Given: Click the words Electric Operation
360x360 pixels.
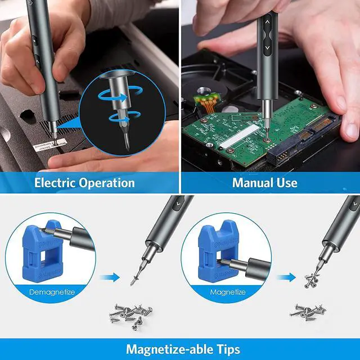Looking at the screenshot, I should pos(84,183).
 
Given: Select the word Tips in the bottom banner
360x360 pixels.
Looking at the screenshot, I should pos(223,349).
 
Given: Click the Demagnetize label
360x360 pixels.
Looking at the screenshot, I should pos(52,292).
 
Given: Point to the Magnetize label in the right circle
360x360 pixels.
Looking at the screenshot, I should pos(227,292).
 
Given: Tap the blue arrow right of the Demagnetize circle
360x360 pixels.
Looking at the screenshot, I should pos(112,276).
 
